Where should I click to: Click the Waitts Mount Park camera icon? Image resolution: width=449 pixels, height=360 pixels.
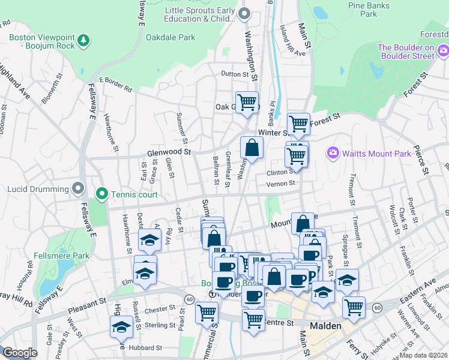333,153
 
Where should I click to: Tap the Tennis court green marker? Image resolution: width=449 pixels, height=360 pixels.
102,194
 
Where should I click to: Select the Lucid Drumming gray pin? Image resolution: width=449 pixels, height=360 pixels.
77,188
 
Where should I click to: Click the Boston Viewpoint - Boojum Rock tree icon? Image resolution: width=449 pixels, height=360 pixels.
85,40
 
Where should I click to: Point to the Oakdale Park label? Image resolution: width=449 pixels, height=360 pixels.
170,37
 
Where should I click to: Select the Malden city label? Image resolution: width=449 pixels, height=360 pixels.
325,326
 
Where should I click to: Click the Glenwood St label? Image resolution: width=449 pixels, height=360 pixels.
169,153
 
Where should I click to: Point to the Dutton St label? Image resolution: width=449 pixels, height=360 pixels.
234,74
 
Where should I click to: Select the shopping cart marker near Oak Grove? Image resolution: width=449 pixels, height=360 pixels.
247,102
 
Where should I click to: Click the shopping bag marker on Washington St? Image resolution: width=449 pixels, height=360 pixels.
252,148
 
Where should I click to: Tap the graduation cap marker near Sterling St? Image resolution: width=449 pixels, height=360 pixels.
121,326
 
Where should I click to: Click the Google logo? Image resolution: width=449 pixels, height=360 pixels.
20,352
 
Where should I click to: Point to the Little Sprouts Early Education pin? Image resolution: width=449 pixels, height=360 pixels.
244,13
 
